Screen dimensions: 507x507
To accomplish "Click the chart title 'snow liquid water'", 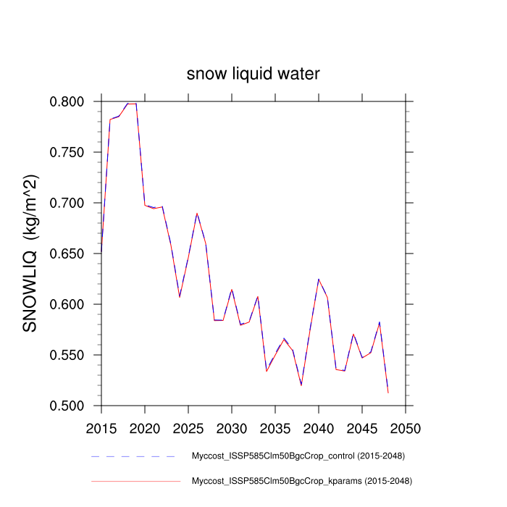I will click(253, 74).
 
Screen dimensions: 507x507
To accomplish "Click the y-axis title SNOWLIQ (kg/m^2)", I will click(30, 253).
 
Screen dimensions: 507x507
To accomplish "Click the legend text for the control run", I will click(297, 456).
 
